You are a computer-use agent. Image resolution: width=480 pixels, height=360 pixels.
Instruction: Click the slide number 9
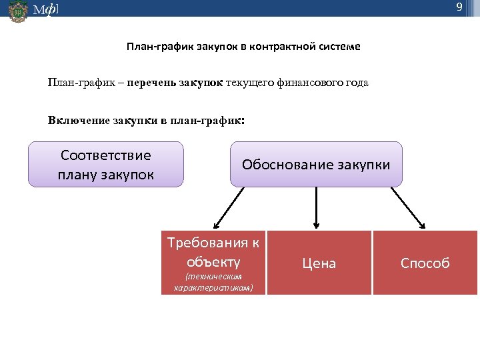click(459, 7)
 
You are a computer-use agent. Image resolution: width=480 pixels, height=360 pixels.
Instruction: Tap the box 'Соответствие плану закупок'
click(106, 165)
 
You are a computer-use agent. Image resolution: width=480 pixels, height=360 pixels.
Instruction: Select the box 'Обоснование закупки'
click(316, 164)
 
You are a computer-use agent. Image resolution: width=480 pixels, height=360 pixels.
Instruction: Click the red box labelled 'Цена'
click(319, 263)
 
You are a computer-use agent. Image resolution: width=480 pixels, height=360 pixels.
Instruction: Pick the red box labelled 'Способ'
click(425, 263)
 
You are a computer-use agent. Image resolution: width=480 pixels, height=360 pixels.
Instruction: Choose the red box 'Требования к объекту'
click(213, 262)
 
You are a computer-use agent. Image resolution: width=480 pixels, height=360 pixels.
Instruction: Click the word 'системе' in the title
click(339, 47)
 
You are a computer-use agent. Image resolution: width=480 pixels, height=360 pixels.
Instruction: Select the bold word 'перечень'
click(151, 83)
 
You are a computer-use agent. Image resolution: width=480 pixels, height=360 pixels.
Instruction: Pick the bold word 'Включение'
click(76, 121)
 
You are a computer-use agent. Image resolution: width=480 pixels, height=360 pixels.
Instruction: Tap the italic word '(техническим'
click(213, 277)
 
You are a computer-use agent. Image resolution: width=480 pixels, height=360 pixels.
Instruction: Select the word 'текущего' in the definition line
click(249, 83)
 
